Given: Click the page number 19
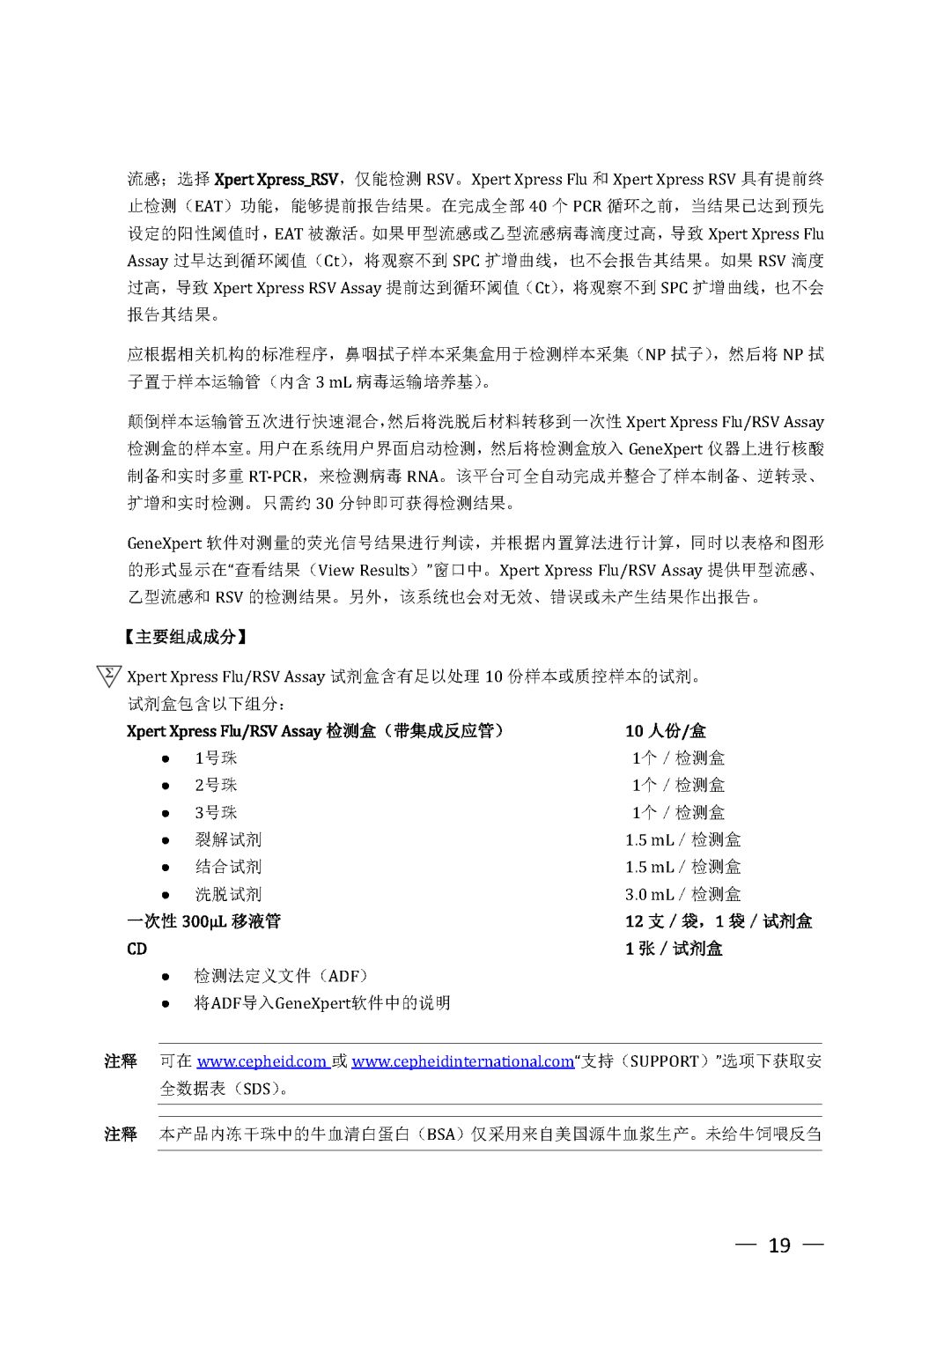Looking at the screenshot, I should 779,1245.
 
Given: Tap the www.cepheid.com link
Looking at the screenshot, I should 262,1061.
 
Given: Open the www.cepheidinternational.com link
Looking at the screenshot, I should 462,1061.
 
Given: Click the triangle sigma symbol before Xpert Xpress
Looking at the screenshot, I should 108,676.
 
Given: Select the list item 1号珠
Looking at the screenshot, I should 216,758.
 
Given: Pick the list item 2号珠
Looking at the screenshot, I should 216,786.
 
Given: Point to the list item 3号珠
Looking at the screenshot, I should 216,813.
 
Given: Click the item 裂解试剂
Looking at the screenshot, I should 228,840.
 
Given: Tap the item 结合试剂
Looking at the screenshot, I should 228,867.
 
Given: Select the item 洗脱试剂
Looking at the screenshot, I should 228,894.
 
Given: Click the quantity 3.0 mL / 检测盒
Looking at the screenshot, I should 682,894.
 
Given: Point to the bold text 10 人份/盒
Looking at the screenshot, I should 666,731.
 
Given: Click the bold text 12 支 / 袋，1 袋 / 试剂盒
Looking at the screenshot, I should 719,921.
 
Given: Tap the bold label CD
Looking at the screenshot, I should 137,949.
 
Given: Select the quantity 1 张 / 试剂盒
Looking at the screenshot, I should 674,949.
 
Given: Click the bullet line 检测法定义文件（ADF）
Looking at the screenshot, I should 281,976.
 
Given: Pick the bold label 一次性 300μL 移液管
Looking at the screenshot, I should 204,921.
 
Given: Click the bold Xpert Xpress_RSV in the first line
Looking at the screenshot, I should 276,180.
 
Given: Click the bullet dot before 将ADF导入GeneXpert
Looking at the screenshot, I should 166,1003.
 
